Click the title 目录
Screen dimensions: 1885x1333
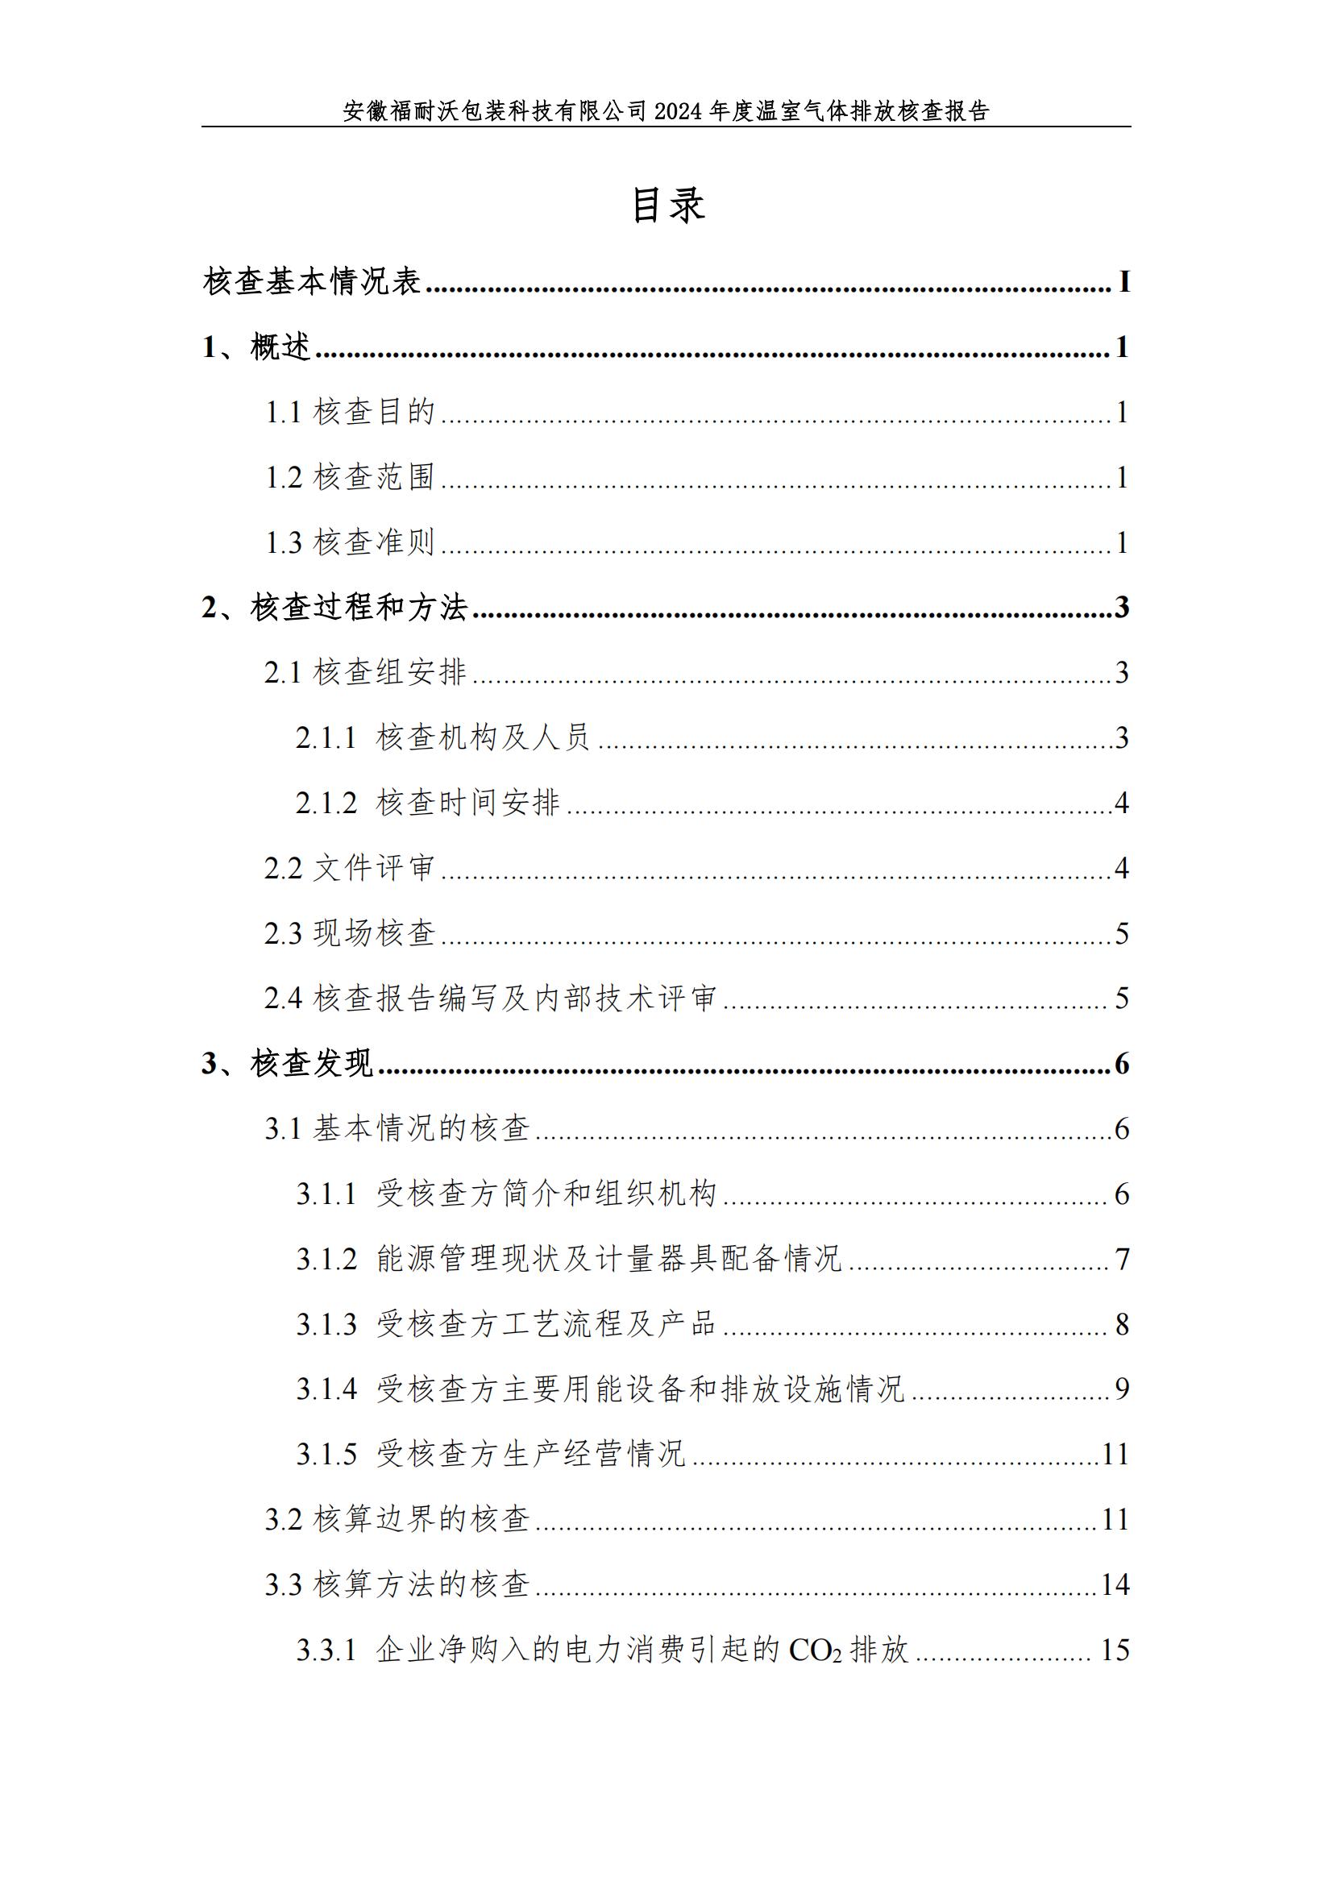pos(667,205)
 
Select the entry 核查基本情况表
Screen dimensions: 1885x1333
pos(312,281)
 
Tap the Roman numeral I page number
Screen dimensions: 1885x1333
pos(1123,282)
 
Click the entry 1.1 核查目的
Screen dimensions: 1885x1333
pos(350,412)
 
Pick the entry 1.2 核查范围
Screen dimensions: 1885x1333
pos(350,477)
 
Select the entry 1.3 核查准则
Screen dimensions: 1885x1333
pos(350,542)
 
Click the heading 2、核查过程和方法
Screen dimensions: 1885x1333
pos(335,608)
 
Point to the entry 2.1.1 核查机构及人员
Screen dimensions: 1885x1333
pos(442,737)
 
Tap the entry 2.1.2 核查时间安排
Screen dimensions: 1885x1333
pos(428,802)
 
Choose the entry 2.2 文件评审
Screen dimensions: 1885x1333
pos(350,868)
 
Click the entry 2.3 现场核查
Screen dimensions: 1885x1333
pos(350,933)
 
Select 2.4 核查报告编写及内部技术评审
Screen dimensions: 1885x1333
pos(490,999)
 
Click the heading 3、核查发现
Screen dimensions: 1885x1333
pos(287,1064)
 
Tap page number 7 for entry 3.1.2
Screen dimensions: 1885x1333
pos(1122,1260)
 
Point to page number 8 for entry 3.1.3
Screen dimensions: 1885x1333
pos(1122,1324)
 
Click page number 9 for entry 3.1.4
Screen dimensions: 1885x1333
pos(1122,1389)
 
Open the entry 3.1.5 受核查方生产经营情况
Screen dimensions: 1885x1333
pos(490,1455)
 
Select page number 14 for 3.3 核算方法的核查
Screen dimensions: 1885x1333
pos(1115,1584)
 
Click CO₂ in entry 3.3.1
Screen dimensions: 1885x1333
pos(815,1650)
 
